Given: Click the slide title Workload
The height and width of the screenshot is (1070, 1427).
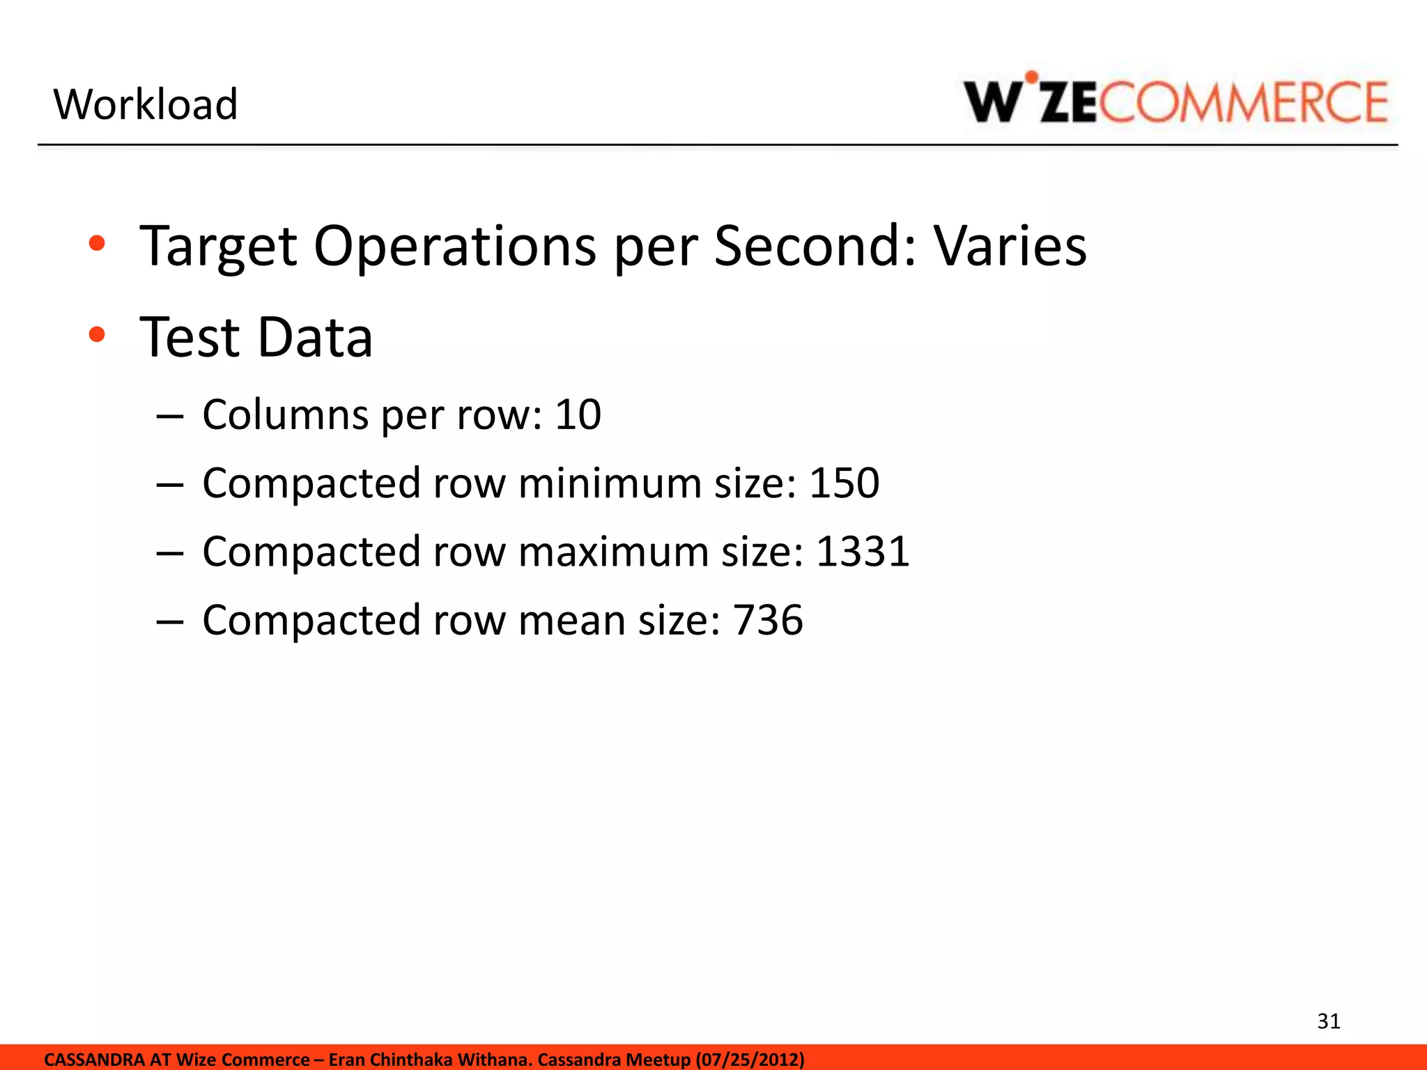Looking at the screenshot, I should click(146, 104).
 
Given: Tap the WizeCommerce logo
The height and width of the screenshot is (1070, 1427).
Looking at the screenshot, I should click(1175, 101).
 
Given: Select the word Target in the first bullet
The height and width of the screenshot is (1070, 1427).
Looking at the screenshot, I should click(218, 247).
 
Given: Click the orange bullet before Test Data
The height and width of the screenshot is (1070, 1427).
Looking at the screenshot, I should click(97, 336).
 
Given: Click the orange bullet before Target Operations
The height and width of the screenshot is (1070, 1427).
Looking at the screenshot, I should click(97, 244).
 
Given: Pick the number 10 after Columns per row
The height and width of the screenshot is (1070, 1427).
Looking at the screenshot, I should click(578, 414).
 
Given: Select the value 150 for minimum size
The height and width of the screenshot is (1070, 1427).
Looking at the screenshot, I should click(844, 483).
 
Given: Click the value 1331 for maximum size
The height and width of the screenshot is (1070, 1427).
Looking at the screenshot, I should click(863, 552).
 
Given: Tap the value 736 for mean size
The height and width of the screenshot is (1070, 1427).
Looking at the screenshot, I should click(768, 620).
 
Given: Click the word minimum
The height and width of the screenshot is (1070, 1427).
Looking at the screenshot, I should click(610, 483).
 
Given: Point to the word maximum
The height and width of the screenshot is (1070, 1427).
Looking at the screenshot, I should click(612, 552).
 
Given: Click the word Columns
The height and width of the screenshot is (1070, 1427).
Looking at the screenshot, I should click(285, 414).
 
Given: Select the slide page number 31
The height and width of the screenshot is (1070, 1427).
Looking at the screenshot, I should click(1329, 1021).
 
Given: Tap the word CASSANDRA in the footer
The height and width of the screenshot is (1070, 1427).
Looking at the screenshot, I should click(94, 1060).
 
